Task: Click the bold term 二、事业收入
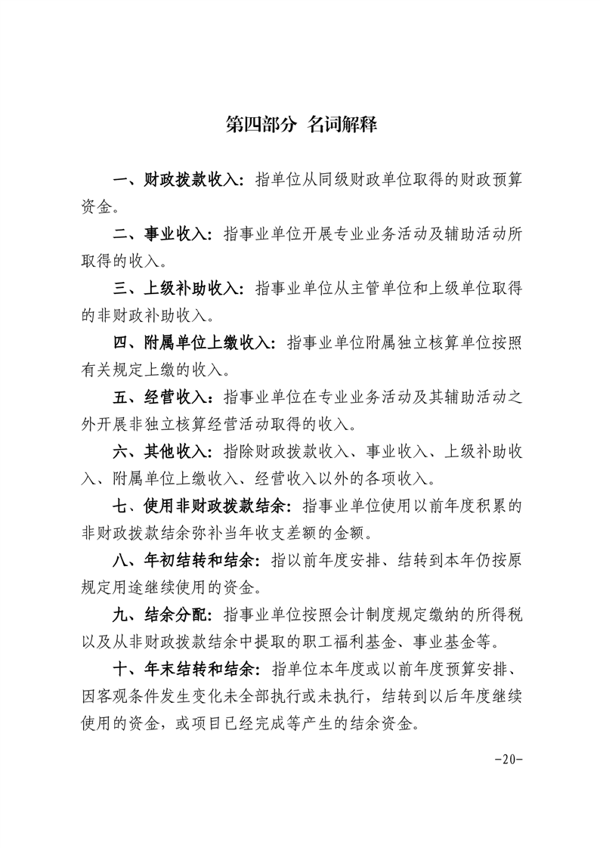(x=162, y=235)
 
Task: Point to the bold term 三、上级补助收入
(x=178, y=289)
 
